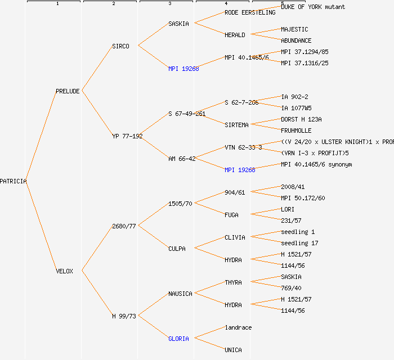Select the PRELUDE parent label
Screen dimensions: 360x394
point(68,91)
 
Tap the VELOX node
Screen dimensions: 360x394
point(64,271)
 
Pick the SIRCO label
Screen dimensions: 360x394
point(120,46)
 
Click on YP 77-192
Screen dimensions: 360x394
point(127,136)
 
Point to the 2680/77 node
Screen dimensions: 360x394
point(124,226)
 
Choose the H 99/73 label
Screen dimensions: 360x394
point(124,316)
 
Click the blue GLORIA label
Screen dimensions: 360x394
point(178,339)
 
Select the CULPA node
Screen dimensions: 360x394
point(177,249)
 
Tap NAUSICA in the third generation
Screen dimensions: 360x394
point(180,294)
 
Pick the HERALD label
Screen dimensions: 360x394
point(235,35)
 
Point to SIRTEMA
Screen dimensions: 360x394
point(236,125)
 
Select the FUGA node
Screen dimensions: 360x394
point(231,215)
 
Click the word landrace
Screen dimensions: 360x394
point(238,327)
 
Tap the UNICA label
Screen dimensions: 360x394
point(233,350)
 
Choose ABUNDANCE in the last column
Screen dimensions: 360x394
point(296,40)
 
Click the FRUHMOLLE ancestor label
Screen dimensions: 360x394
point(296,130)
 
